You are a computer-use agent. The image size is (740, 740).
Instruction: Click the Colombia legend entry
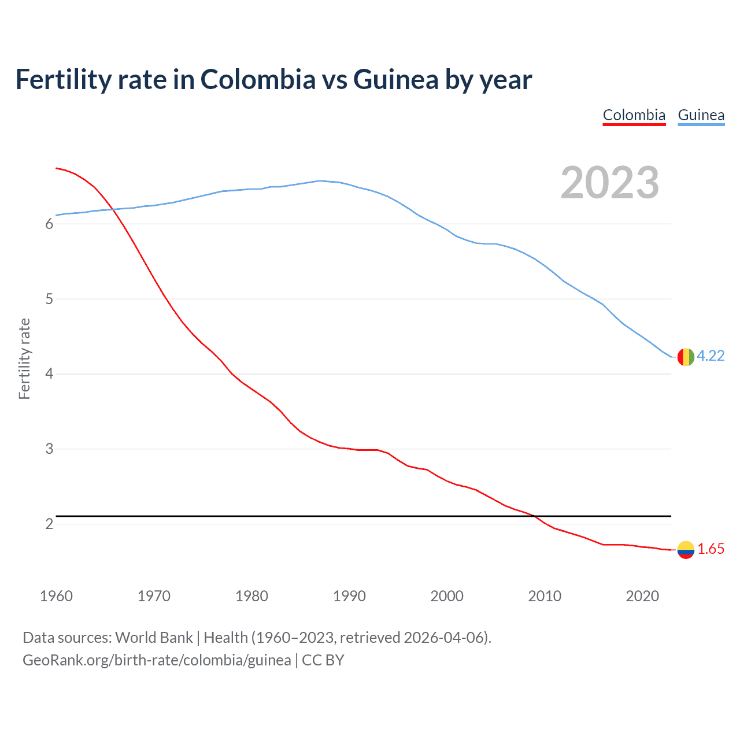coord(634,115)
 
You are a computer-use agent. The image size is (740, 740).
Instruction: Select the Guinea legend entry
coord(701,115)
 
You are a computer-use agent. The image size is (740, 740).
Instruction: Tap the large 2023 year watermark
coord(609,183)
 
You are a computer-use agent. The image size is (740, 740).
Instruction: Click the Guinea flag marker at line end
coord(685,357)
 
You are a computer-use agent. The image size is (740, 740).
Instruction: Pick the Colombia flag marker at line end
coord(685,549)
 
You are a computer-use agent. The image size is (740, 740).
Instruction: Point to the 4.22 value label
coord(711,356)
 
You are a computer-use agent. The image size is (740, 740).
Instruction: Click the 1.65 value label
coord(711,549)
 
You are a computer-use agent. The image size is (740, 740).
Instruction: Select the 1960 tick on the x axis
coord(56,596)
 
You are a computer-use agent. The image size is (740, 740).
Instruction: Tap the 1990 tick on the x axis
coord(349,596)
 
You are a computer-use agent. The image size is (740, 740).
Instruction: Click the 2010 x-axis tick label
coord(545,596)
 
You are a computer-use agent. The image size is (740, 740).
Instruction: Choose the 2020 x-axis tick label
coord(642,596)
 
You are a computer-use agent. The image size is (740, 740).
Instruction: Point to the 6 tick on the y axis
coord(49,224)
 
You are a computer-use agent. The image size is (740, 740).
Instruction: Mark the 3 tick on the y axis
coord(49,449)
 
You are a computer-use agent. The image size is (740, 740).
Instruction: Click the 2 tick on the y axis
coord(49,524)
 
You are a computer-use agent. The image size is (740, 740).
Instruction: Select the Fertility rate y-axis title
coord(24,358)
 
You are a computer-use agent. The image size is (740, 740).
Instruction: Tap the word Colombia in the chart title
coord(258,80)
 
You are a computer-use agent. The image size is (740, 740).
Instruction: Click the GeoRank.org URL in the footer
coord(157,660)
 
